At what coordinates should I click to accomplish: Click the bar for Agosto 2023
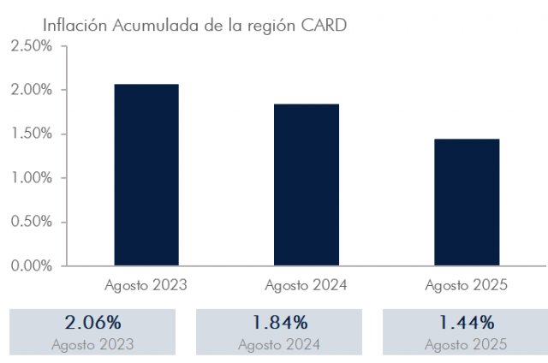point(146,175)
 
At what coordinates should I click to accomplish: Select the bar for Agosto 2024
point(307,184)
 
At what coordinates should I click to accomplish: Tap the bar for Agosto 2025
point(467,202)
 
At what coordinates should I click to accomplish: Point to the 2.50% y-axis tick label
point(32,46)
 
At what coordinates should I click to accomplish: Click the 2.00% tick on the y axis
point(32,90)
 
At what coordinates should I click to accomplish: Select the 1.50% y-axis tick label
point(32,134)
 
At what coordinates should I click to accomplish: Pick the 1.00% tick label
point(32,178)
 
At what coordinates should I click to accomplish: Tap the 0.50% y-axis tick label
point(32,222)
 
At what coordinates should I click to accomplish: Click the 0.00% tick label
point(32,265)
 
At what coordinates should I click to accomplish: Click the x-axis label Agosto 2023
point(146,285)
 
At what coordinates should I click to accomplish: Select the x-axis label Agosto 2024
point(307,285)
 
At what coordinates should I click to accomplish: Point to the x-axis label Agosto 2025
point(467,285)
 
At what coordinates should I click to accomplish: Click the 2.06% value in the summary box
point(92,324)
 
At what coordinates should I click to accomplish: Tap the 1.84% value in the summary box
point(279,324)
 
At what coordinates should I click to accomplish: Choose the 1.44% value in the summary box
point(466,324)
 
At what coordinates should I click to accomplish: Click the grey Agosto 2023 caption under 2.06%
point(92,344)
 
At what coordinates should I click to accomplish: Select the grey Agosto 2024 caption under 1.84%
point(279,344)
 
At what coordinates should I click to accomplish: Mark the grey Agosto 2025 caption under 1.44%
point(466,344)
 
